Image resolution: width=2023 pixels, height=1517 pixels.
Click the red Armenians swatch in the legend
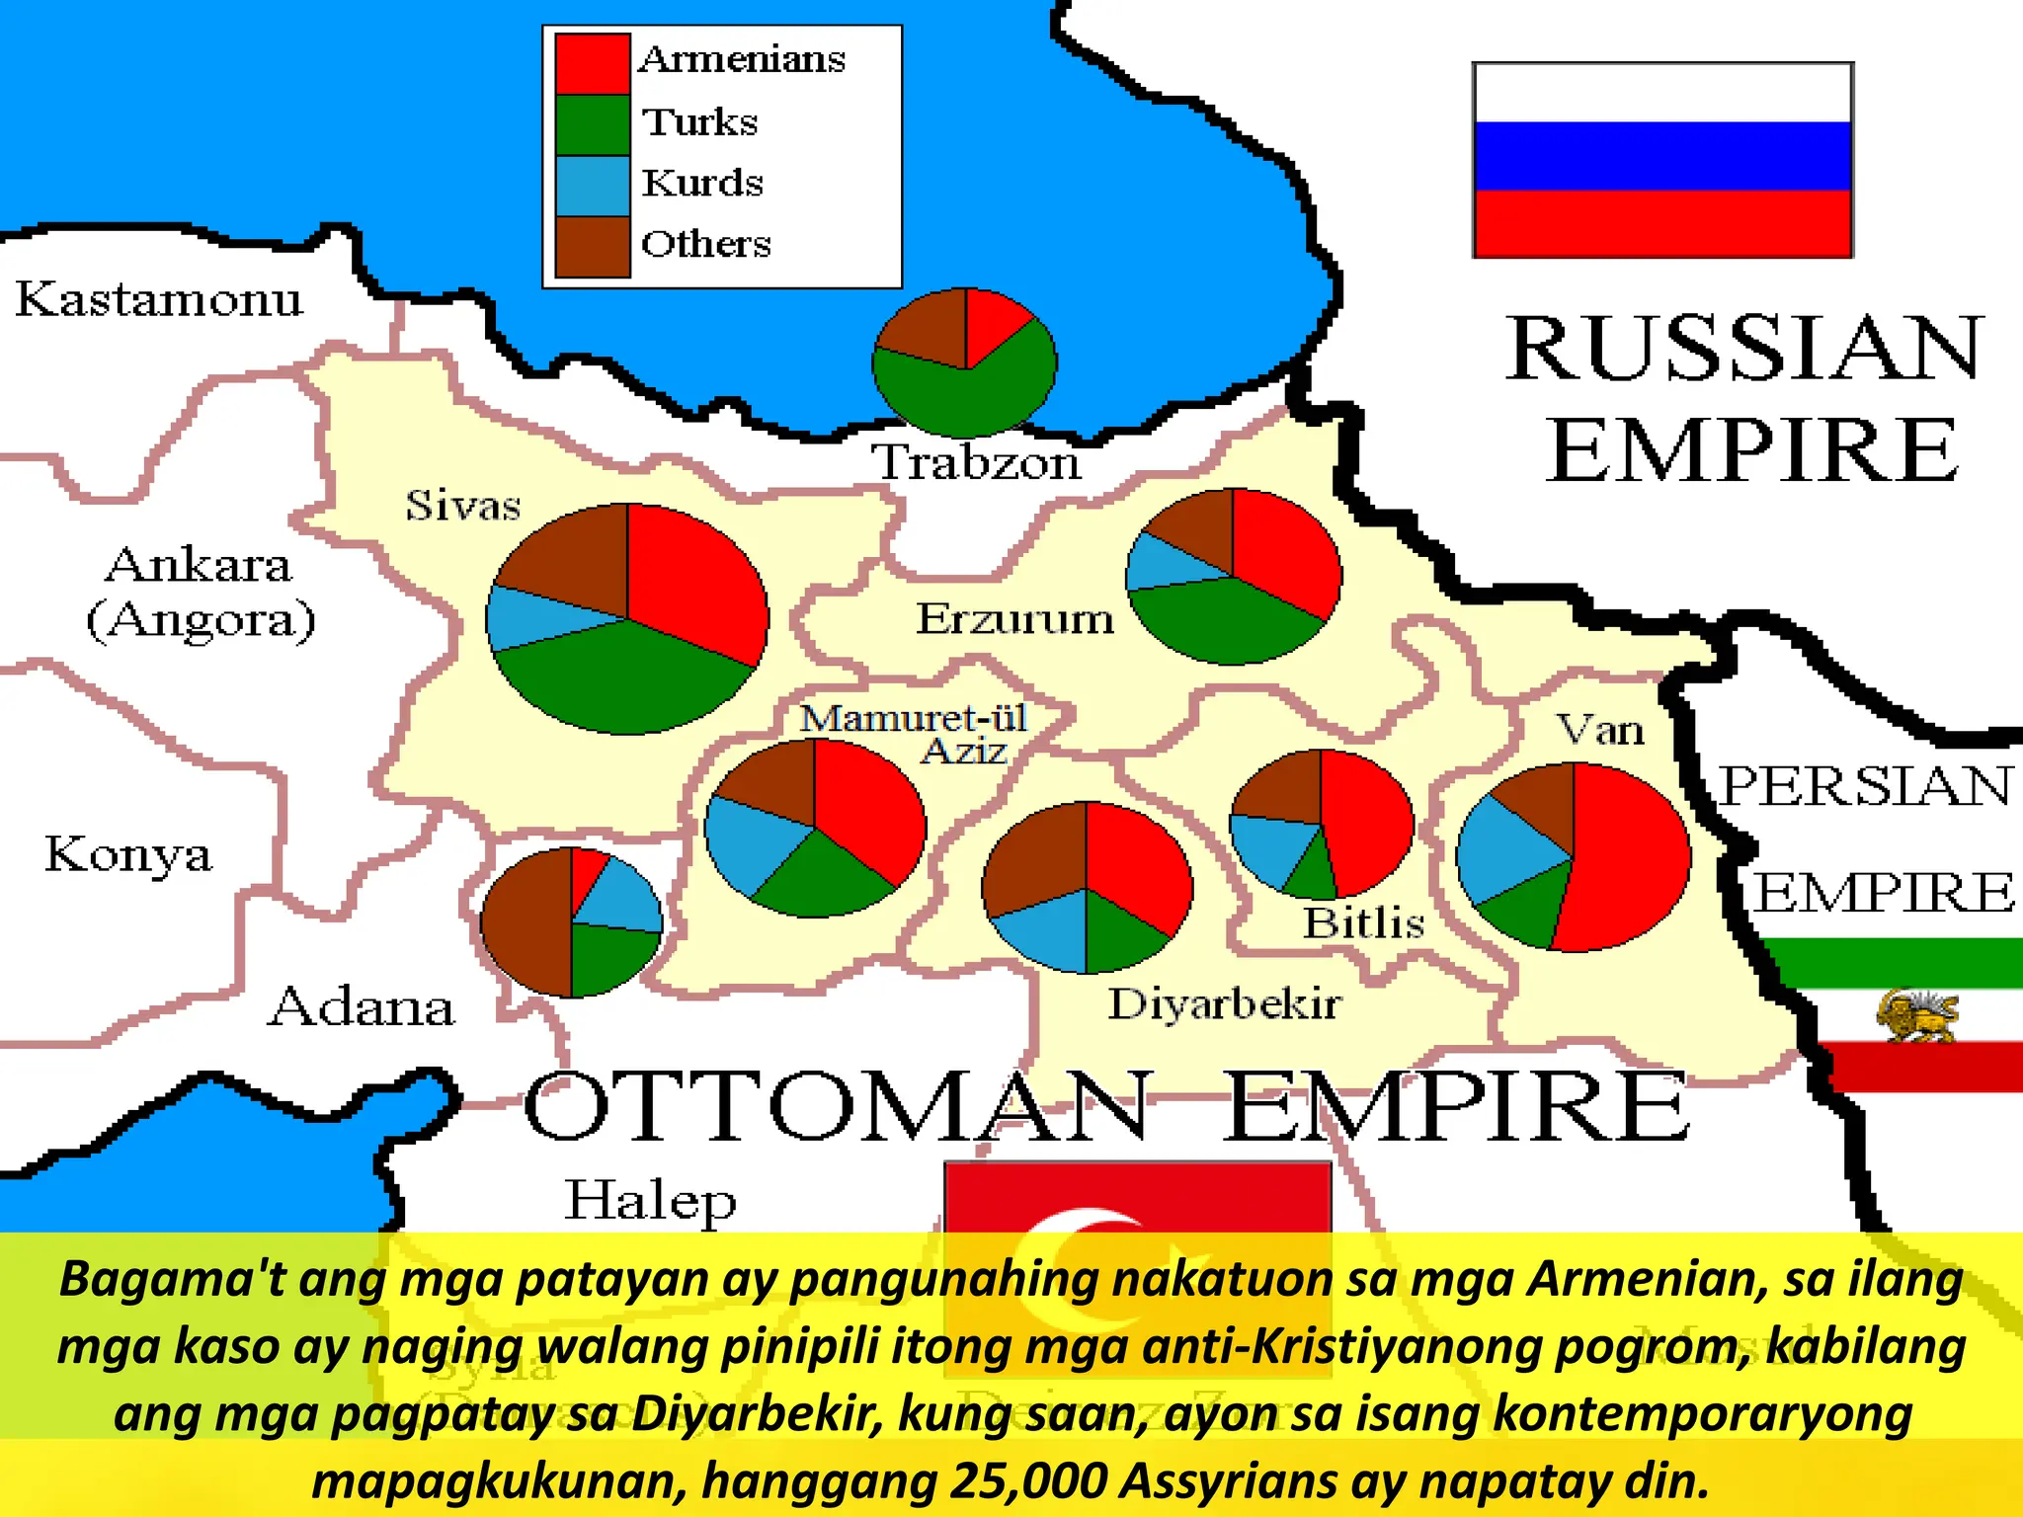[x=592, y=63]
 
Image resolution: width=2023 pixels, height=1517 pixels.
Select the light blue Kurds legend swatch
[x=592, y=186]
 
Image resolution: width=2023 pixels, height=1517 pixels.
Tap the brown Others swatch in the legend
[x=592, y=246]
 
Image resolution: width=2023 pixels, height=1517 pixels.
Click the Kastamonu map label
[x=159, y=299]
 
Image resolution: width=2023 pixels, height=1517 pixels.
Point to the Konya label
[x=128, y=855]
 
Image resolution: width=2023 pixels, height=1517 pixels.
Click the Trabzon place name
[x=976, y=463]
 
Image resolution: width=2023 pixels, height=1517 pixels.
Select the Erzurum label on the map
[x=1014, y=619]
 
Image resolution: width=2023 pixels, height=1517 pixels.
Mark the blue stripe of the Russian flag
[x=1662, y=156]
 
